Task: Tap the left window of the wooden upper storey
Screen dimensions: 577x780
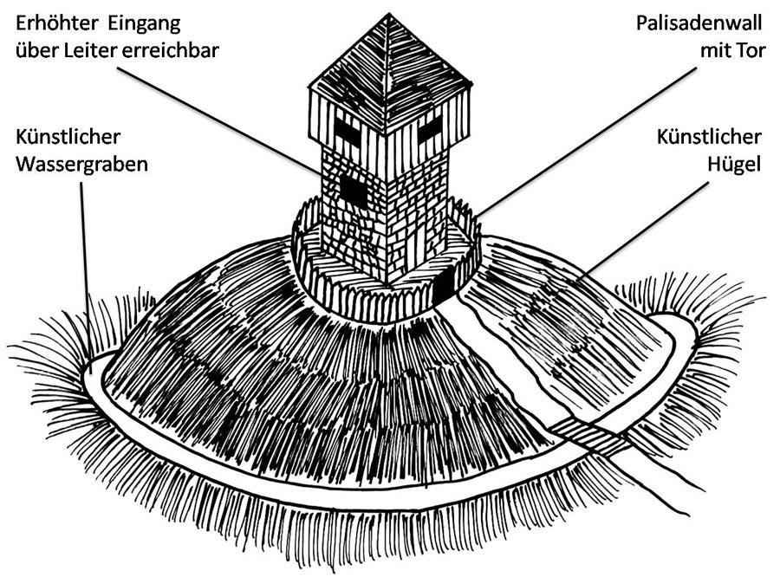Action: click(347, 131)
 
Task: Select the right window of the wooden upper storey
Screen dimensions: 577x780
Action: click(430, 132)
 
